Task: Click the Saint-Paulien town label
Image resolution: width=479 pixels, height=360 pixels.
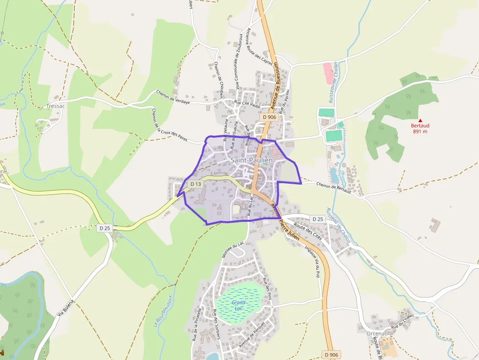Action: point(252,160)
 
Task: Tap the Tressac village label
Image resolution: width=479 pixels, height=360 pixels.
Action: point(55,106)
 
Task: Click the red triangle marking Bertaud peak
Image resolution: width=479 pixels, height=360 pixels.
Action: point(420,120)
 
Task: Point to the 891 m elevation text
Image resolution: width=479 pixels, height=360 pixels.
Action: point(420,131)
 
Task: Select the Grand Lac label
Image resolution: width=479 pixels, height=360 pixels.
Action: point(239,305)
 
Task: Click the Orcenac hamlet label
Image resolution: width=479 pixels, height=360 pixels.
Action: point(376,334)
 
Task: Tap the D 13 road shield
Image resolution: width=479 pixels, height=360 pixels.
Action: point(196,184)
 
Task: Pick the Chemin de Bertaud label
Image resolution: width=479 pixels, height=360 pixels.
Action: point(334,188)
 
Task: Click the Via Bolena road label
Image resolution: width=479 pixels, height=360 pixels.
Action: point(65,307)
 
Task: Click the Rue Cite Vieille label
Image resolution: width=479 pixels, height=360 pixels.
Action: point(248,105)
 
